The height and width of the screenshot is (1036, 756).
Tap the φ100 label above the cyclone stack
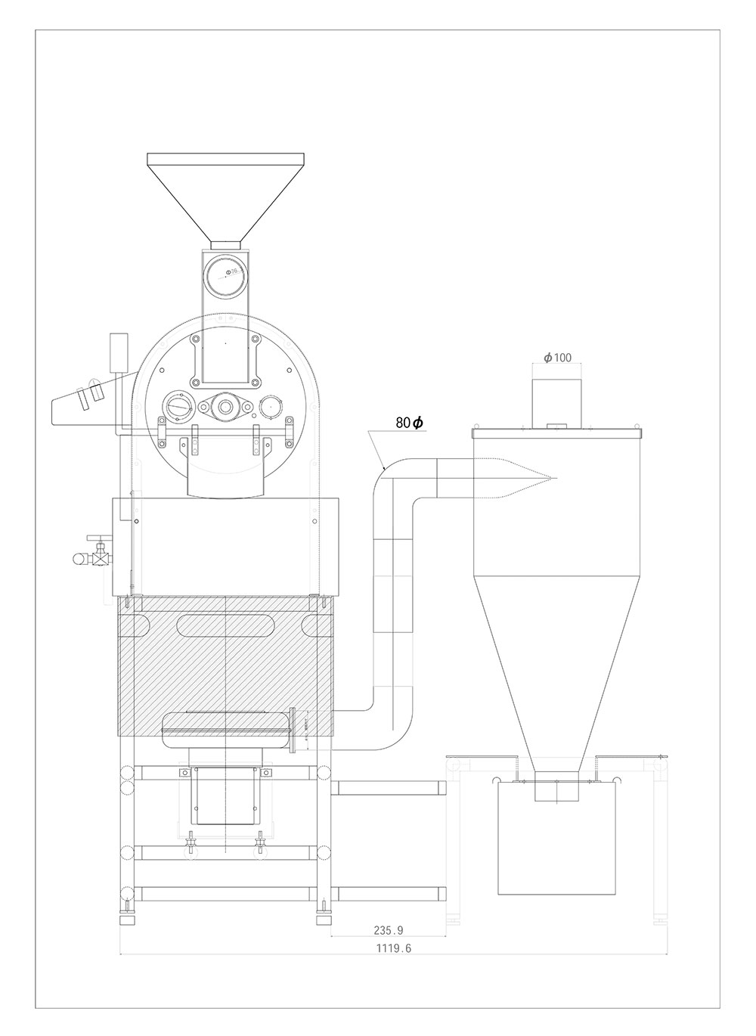pos(557,357)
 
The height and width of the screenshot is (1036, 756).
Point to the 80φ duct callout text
pos(409,423)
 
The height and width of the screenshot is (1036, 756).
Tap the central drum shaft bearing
pos(225,407)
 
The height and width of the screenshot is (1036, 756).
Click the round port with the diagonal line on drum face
pos(180,405)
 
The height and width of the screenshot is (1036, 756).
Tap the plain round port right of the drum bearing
pos(270,406)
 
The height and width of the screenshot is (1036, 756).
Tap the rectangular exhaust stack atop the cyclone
pos(557,401)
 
